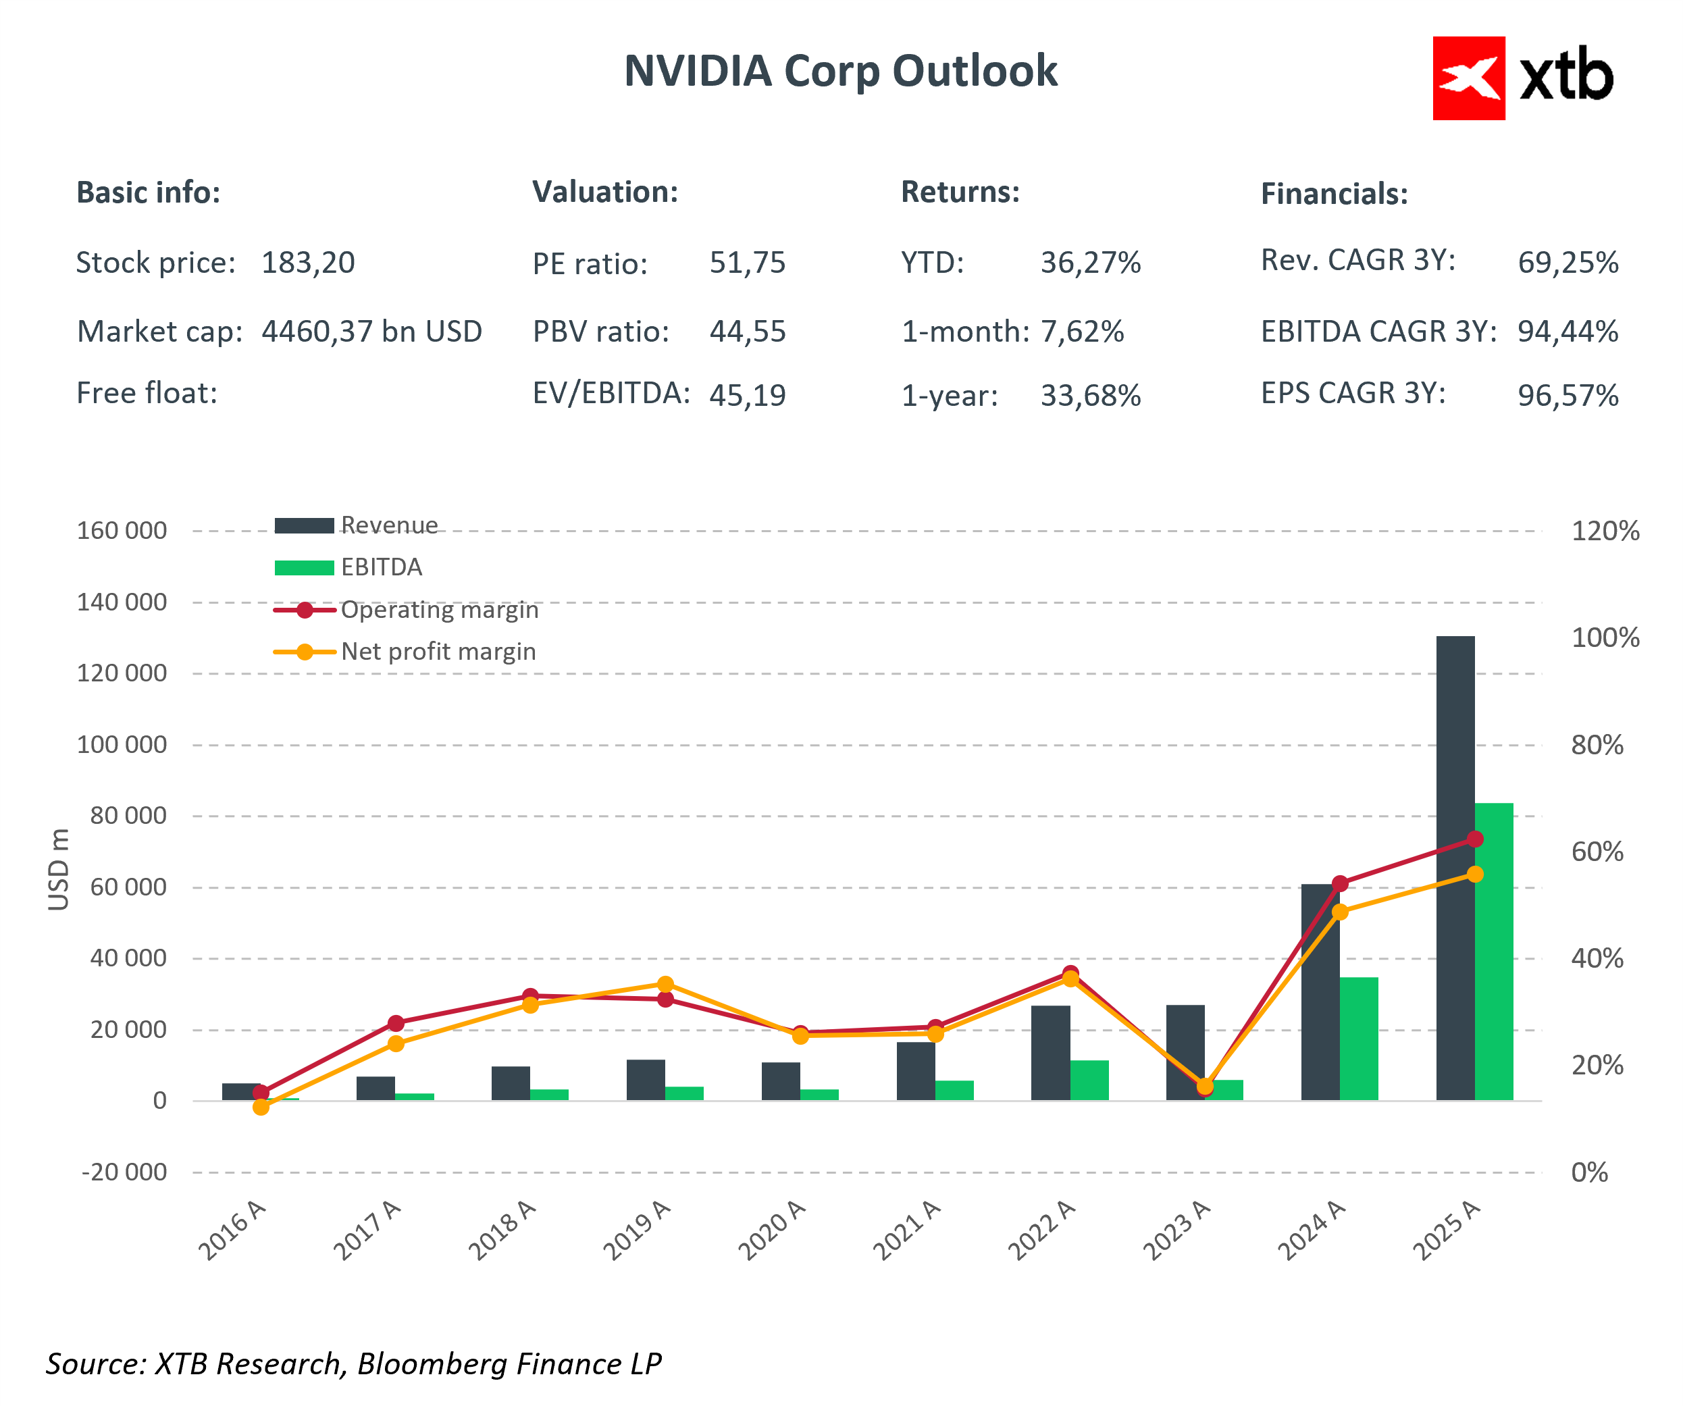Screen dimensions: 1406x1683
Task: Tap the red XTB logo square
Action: tap(1468, 78)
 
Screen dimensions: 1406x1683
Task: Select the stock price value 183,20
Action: tap(308, 263)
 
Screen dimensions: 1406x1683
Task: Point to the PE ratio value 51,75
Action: tap(747, 263)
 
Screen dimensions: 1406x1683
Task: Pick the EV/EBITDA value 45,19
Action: tap(747, 395)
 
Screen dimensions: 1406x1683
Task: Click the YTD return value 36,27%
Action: tap(1090, 263)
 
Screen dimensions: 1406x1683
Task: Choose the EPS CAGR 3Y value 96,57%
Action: tap(1568, 395)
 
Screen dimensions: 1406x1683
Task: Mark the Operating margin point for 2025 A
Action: tap(1474, 839)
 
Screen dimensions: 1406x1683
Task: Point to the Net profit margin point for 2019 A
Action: tap(665, 985)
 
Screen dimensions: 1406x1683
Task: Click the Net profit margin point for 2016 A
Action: tap(261, 1107)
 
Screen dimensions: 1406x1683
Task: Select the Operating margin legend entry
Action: tap(438, 610)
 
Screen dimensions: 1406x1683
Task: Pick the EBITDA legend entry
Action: tap(381, 567)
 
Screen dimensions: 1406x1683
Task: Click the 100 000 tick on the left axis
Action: tap(122, 745)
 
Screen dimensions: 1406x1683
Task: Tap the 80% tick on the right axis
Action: tap(1597, 746)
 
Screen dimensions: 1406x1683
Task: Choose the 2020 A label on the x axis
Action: tap(772, 1230)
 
